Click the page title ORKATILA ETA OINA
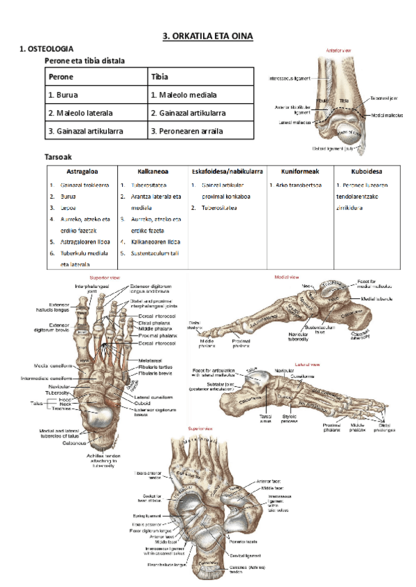point(208,35)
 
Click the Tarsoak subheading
point(59,157)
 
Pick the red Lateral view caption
point(306,363)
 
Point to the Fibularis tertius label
point(157,367)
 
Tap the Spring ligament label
point(146,516)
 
